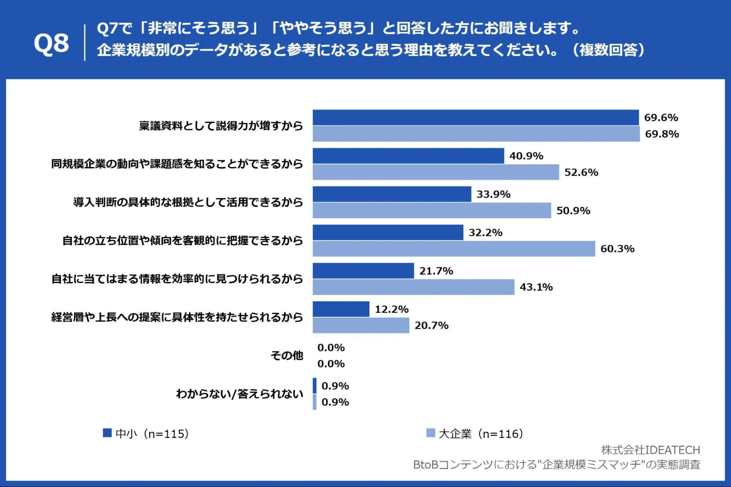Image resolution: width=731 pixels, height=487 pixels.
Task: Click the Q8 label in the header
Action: coord(51,43)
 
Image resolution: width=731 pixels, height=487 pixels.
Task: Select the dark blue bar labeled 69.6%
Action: coord(476,117)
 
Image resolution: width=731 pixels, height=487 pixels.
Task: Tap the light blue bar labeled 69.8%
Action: coord(476,134)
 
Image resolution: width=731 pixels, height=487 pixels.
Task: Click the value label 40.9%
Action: coord(526,156)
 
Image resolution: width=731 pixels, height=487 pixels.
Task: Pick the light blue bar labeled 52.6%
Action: coord(436,172)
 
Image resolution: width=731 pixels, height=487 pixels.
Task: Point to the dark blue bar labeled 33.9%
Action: coord(392,194)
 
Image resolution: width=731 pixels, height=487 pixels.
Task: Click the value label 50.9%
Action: coord(573,211)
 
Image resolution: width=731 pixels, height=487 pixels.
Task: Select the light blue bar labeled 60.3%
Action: coord(454,248)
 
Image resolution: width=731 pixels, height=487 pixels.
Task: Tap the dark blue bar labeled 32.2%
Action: coord(388,232)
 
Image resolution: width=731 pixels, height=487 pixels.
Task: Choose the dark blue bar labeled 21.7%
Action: coord(363,271)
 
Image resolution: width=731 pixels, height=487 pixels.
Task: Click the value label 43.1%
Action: coord(536,287)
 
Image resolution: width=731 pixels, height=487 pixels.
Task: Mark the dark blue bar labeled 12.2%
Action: coord(341,309)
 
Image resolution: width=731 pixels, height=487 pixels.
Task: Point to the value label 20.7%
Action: coord(432,326)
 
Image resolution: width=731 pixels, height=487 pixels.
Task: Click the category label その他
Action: coord(287,355)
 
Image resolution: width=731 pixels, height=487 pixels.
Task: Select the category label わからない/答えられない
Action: coord(240,394)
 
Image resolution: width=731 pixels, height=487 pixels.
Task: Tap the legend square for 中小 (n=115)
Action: coord(107,433)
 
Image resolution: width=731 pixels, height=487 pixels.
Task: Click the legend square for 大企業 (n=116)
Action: coord(431,433)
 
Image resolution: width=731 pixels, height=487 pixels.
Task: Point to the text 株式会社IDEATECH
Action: coord(651,450)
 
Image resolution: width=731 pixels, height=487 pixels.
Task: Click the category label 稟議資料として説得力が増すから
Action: coord(221,126)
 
